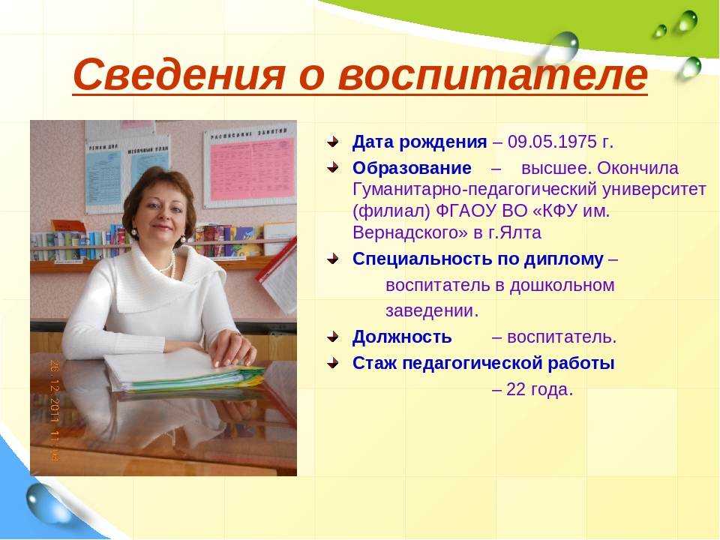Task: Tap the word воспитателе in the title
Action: pos(493,74)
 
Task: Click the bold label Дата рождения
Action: pos(419,142)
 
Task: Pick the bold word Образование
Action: pos(412,169)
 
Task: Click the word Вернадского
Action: pos(410,232)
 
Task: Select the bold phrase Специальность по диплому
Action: pos(478,259)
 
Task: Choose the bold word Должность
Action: pos(402,337)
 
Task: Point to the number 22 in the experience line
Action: pos(515,389)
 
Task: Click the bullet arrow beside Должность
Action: pos(332,337)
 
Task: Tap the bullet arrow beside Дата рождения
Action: pos(332,142)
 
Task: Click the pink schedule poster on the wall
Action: pos(250,166)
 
